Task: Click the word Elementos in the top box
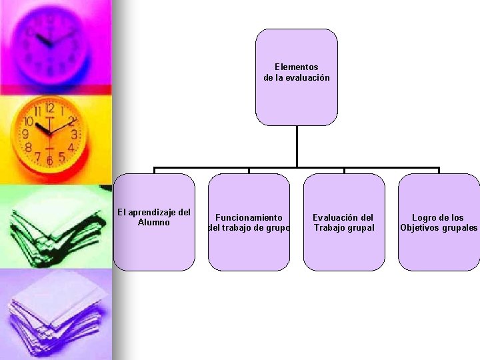coord(297,67)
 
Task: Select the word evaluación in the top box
coord(308,78)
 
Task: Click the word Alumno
coord(154,223)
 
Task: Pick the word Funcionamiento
coord(249,217)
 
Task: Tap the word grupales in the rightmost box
coord(460,228)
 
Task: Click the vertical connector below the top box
coord(297,147)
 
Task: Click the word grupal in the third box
coord(361,228)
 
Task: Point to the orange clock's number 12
coord(49,107)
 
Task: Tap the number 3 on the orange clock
coord(74,134)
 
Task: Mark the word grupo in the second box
coord(277,228)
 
